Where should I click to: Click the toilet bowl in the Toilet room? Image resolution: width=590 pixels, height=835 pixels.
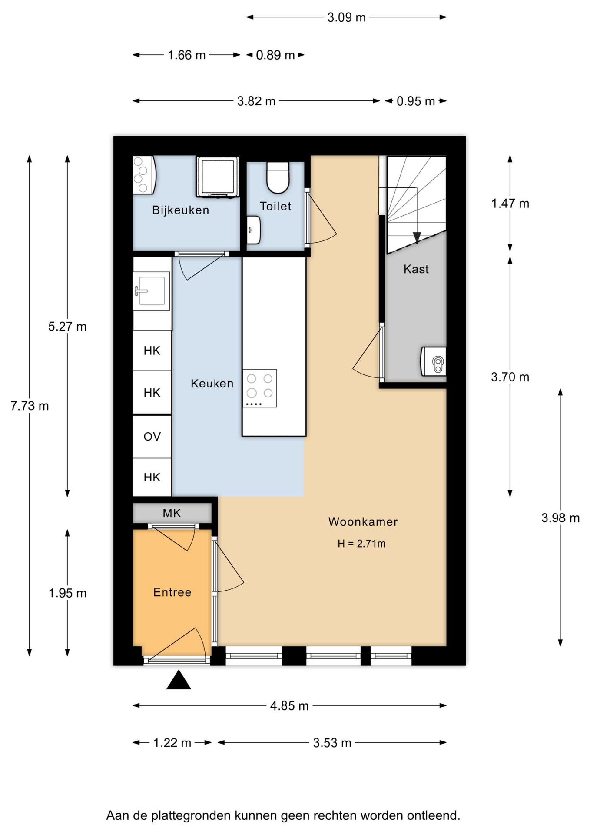[x=278, y=177]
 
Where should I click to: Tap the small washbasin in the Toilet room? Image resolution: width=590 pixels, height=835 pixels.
[x=254, y=230]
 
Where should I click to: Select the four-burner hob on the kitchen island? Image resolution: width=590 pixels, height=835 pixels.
[x=259, y=388]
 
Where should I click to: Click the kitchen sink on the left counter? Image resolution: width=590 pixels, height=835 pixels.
[x=151, y=291]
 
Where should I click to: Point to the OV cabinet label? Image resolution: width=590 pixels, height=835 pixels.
[x=152, y=437]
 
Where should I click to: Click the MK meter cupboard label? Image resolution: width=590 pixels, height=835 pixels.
[x=172, y=513]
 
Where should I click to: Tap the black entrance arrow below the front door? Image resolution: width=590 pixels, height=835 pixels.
[x=179, y=680]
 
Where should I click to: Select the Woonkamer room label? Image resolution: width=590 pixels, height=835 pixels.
[x=363, y=521]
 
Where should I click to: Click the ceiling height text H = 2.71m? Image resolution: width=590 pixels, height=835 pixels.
[x=361, y=544]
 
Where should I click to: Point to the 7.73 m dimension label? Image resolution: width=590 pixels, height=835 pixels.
[x=30, y=406]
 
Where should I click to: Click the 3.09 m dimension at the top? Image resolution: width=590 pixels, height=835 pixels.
[x=346, y=17]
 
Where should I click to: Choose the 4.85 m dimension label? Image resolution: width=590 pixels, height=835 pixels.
[x=289, y=705]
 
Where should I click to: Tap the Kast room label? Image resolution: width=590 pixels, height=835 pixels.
[x=416, y=269]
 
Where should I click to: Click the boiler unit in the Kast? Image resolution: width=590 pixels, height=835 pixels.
[x=433, y=361]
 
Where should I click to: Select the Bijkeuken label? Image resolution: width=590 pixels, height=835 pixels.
[x=180, y=210]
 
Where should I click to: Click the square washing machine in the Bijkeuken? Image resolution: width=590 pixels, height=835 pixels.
[x=217, y=177]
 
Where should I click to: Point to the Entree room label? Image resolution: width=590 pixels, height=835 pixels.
[x=172, y=592]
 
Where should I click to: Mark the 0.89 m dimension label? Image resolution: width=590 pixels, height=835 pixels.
[x=275, y=55]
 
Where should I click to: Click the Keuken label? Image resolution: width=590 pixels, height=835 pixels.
[x=212, y=384]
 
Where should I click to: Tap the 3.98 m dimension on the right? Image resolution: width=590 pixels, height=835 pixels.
[x=560, y=518]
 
